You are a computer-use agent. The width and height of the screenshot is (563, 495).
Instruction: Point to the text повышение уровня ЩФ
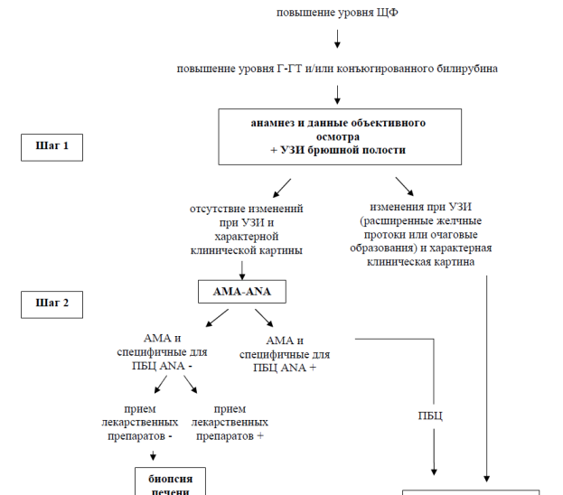[337, 13]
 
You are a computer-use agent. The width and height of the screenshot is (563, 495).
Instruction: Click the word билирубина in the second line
[467, 69]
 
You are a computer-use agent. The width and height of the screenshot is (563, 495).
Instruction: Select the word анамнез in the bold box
[272, 123]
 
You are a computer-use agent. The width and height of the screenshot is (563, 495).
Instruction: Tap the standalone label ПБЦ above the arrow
[430, 416]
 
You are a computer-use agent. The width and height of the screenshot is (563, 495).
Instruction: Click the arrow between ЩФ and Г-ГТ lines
[337, 39]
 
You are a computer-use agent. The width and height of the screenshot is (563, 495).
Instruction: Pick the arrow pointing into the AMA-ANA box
[242, 270]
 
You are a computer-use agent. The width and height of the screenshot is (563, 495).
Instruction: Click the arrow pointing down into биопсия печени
[153, 455]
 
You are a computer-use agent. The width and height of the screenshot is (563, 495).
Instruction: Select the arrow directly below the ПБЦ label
[434, 453]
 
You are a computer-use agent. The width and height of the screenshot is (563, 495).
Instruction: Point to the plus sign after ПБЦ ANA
[313, 368]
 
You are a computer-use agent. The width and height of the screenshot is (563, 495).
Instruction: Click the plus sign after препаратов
[260, 436]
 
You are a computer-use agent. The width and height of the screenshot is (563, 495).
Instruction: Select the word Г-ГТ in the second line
[289, 69]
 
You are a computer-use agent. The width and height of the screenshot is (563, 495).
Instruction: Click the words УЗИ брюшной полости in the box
[342, 150]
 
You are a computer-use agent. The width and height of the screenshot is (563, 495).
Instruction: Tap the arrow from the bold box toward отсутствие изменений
[282, 188]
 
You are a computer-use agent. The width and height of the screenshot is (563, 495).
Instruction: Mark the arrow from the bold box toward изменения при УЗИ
[405, 186]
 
